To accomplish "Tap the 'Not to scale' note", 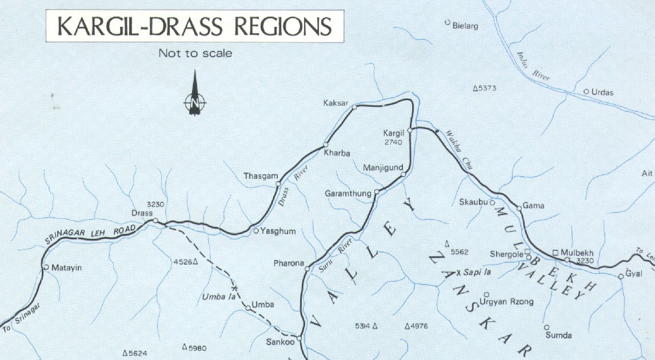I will pyautogui.click(x=195, y=53).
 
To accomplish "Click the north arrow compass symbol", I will pyautogui.click(x=195, y=95).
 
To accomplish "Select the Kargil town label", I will pyautogui.click(x=394, y=133).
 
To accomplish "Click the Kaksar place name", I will pyautogui.click(x=335, y=102).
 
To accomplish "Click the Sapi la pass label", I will pyautogui.click(x=477, y=272).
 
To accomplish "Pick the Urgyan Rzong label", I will pyautogui.click(x=498, y=302).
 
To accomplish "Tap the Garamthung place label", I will pyautogui.click(x=348, y=193).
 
